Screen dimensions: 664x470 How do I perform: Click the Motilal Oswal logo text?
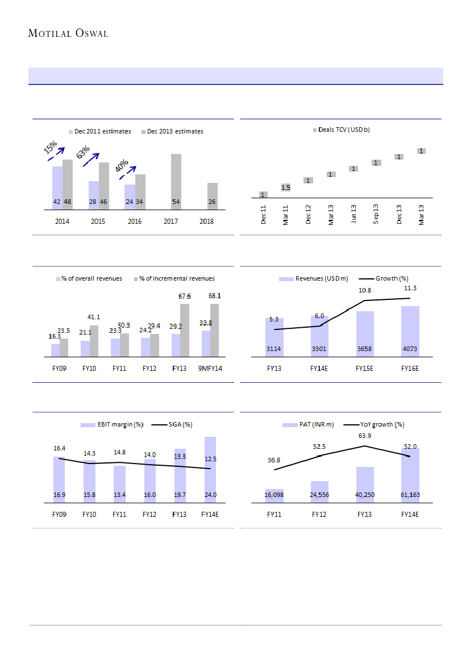(x=68, y=34)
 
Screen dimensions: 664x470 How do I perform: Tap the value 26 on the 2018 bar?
(x=211, y=202)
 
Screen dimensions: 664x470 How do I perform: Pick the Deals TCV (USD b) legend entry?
(x=341, y=130)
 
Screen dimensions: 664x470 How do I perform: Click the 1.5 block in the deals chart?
(x=286, y=187)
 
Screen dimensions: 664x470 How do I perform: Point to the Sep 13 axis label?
(x=376, y=215)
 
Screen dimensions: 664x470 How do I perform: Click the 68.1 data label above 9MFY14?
(x=215, y=296)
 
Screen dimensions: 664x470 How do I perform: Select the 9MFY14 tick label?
(x=210, y=369)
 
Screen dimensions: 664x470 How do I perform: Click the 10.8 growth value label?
(x=365, y=291)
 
